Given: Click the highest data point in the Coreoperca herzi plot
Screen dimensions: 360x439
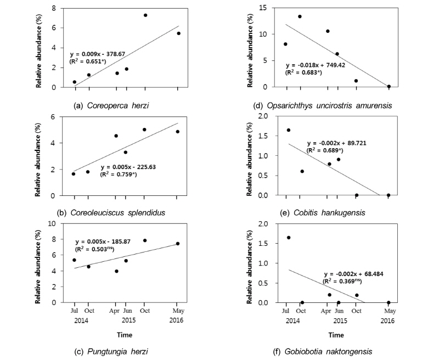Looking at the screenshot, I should pyautogui.click(x=145, y=15).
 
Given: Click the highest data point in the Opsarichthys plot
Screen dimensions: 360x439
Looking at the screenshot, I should pyautogui.click(x=300, y=16).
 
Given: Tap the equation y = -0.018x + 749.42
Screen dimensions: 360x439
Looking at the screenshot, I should pyautogui.click(x=317, y=64).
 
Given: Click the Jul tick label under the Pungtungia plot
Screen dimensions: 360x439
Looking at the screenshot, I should pyautogui.click(x=74, y=310).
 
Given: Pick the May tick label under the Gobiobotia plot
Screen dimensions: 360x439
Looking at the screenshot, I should pyautogui.click(x=389, y=310).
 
